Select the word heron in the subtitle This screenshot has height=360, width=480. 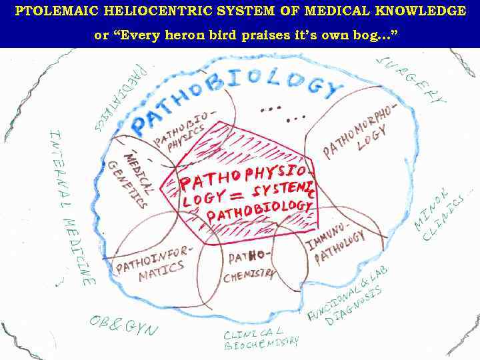192,35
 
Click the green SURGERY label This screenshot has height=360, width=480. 410,79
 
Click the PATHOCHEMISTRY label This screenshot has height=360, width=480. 250,265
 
